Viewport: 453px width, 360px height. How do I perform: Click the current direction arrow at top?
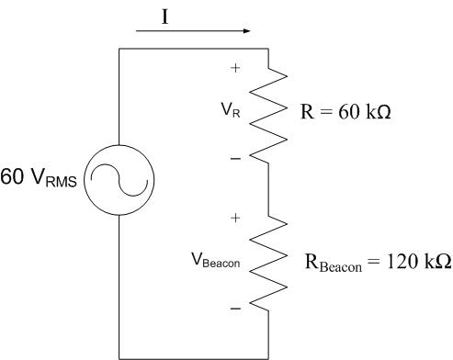(x=193, y=31)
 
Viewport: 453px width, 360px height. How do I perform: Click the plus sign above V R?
(x=235, y=68)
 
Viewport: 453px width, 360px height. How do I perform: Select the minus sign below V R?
(x=235, y=158)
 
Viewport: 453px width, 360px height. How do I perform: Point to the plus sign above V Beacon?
(x=235, y=218)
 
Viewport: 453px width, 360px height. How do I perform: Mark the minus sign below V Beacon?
(x=235, y=308)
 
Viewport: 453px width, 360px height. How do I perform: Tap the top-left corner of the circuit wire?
(x=119, y=49)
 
